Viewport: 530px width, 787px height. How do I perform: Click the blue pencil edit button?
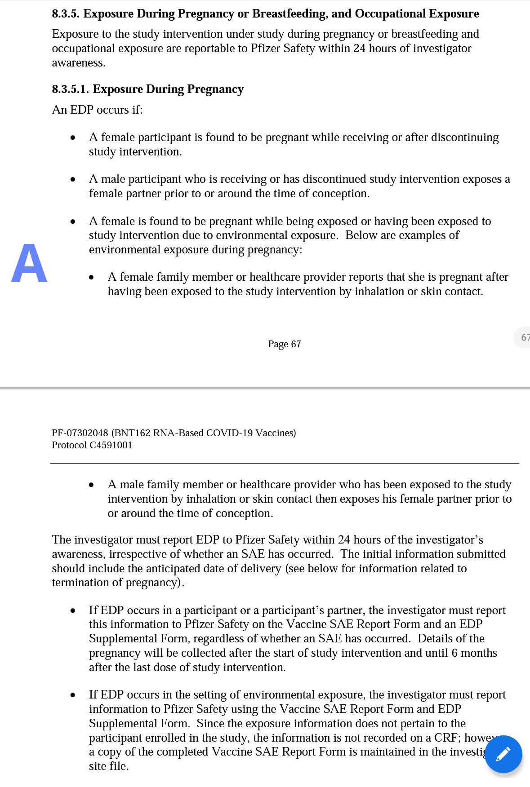[x=503, y=754]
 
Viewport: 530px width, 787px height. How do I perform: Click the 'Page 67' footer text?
[x=284, y=344]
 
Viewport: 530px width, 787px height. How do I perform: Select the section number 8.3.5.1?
[x=70, y=89]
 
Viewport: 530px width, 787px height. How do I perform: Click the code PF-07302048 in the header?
[x=80, y=433]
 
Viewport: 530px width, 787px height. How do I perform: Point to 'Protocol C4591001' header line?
[x=92, y=445]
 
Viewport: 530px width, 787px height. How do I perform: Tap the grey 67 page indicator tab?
[x=523, y=337]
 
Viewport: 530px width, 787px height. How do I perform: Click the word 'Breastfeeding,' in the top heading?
[x=289, y=14]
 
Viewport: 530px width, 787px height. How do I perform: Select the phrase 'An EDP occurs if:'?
[x=97, y=110]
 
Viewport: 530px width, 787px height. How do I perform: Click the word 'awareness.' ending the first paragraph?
[x=78, y=63]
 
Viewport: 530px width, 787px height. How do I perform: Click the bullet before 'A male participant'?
[x=73, y=180]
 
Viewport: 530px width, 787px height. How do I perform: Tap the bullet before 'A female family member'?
[x=91, y=278]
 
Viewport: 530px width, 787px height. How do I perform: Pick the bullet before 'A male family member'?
[x=91, y=485]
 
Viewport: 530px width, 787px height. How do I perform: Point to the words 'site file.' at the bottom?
[x=109, y=766]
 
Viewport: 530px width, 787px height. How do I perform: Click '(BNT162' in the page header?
[x=131, y=433]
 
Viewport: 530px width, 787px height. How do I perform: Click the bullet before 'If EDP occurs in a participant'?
[x=73, y=611]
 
